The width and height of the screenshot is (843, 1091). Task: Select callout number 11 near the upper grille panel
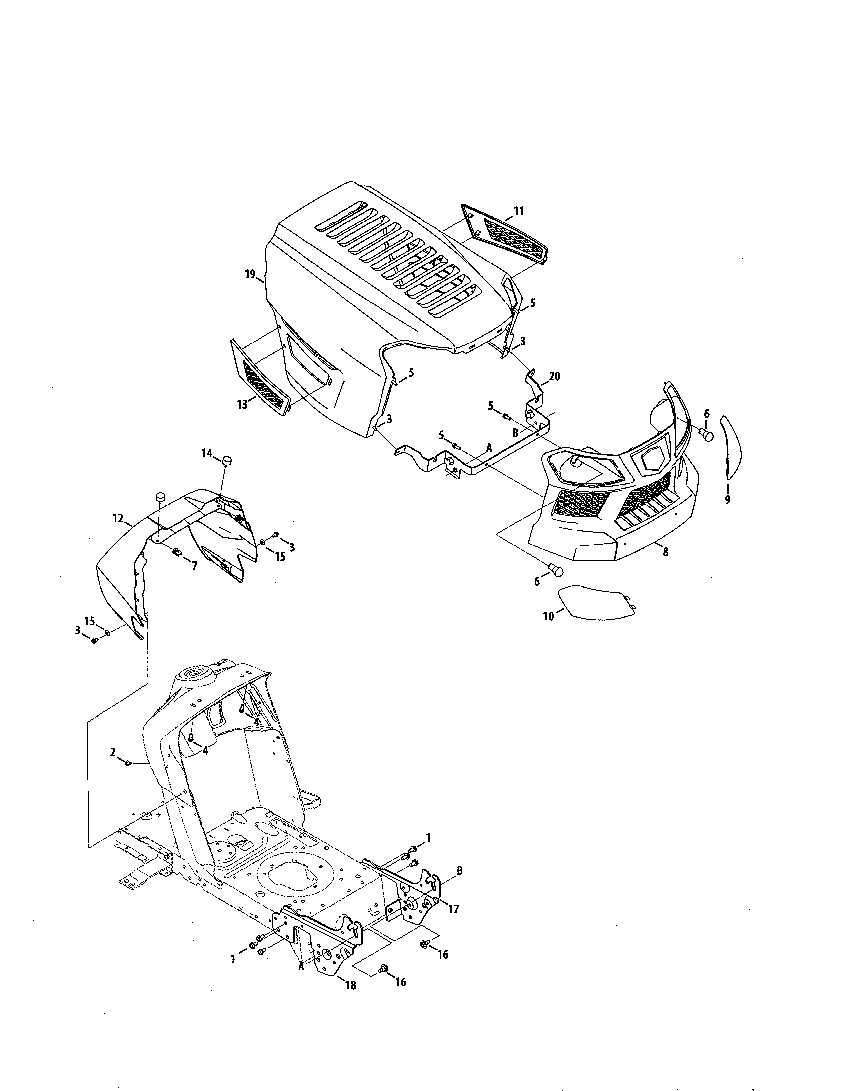[x=519, y=211]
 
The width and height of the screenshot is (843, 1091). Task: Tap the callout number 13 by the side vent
[x=242, y=404]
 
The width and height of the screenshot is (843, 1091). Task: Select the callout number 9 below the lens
[x=727, y=499]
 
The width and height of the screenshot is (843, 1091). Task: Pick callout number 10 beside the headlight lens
[x=549, y=616]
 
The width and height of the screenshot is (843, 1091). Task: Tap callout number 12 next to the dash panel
[x=118, y=518]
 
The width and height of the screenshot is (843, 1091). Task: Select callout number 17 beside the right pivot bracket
[x=454, y=909]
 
